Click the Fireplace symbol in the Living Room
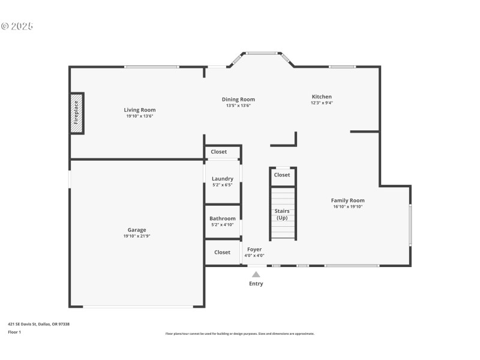77,113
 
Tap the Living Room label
140,110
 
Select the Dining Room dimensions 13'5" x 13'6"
238,106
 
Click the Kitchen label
322,97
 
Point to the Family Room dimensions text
348,206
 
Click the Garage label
137,230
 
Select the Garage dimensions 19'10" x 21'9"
137,236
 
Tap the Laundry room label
223,179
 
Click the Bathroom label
223,218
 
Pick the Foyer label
254,249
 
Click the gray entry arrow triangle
256,275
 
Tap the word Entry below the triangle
256,284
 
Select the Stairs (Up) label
282,214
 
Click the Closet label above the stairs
282,175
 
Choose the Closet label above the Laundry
219,152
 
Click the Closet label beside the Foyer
223,253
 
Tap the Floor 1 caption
14,332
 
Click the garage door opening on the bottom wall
137,307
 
